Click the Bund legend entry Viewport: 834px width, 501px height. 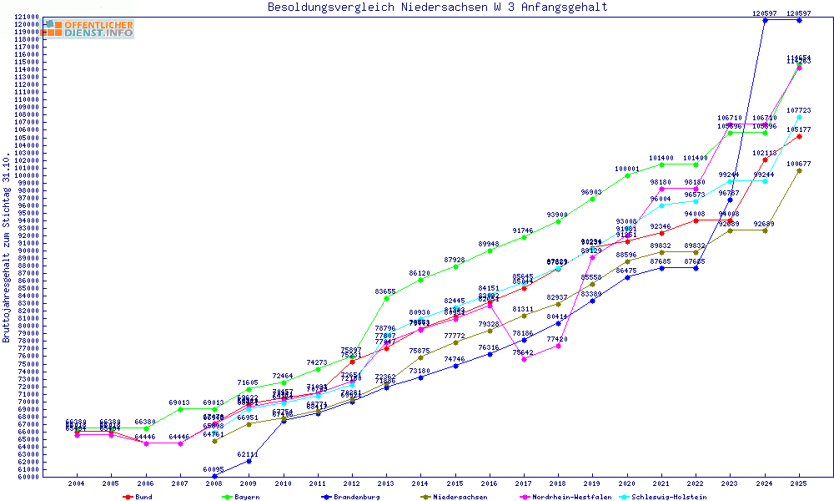point(143,497)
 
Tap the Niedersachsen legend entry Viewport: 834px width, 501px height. point(460,497)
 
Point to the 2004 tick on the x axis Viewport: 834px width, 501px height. point(76,483)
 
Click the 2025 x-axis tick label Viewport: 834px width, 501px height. point(799,483)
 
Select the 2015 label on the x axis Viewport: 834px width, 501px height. point(455,483)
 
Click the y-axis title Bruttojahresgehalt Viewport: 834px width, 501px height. point(7,248)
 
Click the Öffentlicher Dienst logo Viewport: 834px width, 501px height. point(90,28)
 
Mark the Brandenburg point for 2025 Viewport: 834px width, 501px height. point(799,20)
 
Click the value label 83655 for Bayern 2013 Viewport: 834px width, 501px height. point(385,291)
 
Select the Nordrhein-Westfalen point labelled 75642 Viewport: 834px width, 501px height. point(524,359)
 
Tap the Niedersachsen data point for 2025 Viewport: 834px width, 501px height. point(799,170)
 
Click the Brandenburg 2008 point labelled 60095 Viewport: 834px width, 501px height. point(214,476)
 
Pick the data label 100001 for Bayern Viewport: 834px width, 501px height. point(627,169)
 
